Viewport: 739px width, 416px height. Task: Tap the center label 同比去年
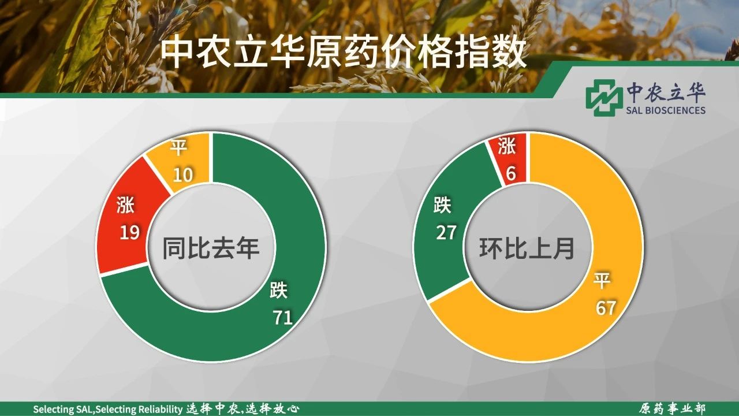pos(211,248)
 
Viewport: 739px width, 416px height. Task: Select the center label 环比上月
pos(527,248)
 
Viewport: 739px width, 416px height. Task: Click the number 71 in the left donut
pos(283,317)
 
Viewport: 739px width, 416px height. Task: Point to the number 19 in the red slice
pos(130,232)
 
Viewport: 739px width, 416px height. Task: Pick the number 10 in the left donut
pos(182,174)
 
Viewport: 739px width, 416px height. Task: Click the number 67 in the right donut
pos(606,307)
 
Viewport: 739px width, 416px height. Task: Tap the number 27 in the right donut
pos(446,232)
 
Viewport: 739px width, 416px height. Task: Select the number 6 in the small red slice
pos(511,174)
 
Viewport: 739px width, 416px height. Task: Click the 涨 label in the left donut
pos(125,205)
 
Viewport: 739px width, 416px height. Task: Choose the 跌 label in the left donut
pos(279,290)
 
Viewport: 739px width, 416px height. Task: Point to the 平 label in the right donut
pos(602,280)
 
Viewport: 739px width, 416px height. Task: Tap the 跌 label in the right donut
pos(442,205)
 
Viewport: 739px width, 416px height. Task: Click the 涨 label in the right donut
pos(507,146)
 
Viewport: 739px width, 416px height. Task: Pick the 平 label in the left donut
pos(178,147)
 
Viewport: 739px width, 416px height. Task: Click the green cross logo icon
pos(602,98)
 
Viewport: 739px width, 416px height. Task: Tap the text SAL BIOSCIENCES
pos(666,110)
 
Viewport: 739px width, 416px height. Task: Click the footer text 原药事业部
pos(672,408)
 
